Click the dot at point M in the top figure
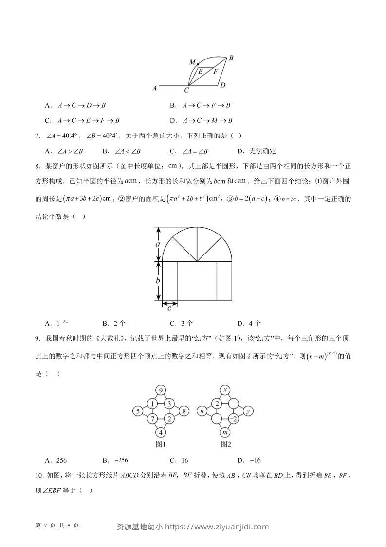(198, 64)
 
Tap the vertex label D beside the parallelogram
(222, 86)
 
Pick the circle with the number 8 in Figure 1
(184, 411)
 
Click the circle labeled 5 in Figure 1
(138, 411)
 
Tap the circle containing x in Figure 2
(225, 390)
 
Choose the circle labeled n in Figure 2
(202, 411)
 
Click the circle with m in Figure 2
(225, 432)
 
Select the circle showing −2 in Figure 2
(233, 419)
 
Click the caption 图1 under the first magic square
(161, 444)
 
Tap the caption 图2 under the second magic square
(225, 444)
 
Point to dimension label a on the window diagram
(158, 244)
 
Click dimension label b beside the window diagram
(158, 280)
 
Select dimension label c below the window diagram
(169, 308)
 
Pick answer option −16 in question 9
(256, 460)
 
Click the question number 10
(40, 474)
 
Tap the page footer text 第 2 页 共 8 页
(57, 526)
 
